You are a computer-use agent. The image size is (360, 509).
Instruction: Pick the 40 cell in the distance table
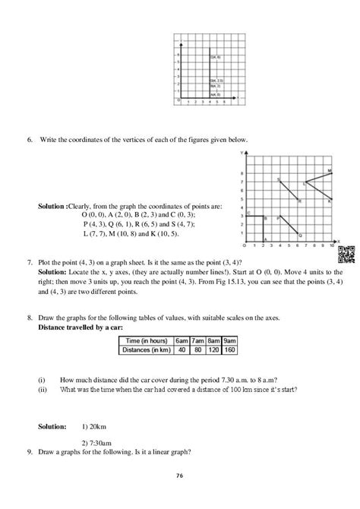click(182, 351)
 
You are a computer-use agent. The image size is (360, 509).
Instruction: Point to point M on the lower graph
click(330, 171)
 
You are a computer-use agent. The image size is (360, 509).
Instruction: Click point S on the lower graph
click(279, 179)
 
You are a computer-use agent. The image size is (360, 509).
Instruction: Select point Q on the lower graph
click(299, 235)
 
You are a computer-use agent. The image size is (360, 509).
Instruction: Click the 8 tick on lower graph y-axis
click(242, 172)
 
